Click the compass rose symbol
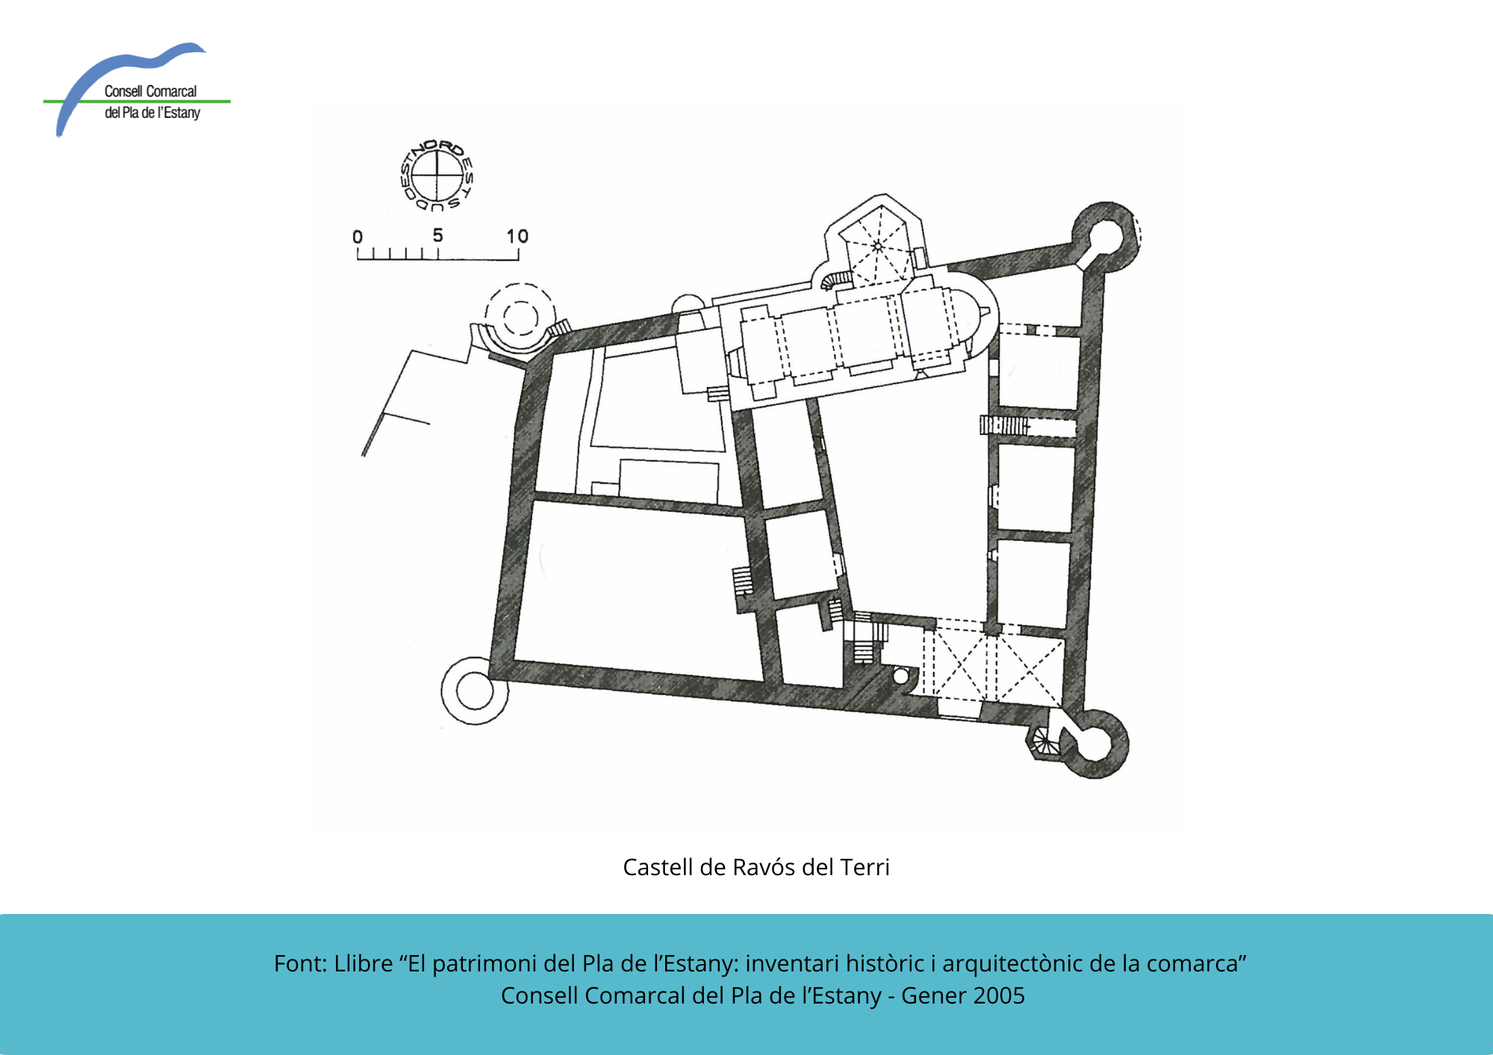(437, 175)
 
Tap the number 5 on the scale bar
(437, 235)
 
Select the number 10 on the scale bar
(517, 236)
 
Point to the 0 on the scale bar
(358, 237)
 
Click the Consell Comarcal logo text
(152, 101)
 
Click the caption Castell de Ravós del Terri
(756, 867)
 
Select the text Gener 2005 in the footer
(963, 995)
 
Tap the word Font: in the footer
(300, 963)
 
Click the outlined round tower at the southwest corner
(475, 691)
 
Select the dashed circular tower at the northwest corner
(520, 317)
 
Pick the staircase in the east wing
(1004, 425)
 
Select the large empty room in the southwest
(635, 589)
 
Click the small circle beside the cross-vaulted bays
(901, 676)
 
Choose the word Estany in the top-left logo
(182, 113)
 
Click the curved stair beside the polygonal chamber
(836, 280)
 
